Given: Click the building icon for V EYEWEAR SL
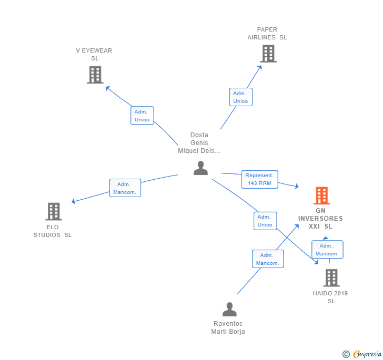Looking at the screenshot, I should pos(95,75).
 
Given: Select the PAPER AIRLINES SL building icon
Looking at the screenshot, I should pos(268,54).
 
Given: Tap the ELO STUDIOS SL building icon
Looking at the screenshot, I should pos(53,211).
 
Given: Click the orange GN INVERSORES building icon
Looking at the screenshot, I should pos(321,196).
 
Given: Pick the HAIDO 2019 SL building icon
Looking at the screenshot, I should pos(331,277).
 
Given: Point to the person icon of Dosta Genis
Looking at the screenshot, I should pos(200,168).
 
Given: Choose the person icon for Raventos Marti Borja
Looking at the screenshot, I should pos(229,309).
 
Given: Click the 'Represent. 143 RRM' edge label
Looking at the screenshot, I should pos(259,179).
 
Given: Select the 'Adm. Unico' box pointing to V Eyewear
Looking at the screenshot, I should pos(142,116).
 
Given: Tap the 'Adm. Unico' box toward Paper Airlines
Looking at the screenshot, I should pos(240,97).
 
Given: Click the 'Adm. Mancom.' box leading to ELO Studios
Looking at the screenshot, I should pos(125,188).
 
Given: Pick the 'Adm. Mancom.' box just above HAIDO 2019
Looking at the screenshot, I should pos(327,250).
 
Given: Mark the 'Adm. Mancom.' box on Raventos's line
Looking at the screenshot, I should pos(268,259).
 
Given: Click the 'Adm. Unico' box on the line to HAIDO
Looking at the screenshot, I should pos(265,221).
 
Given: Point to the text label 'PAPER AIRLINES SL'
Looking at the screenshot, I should pos(267,34).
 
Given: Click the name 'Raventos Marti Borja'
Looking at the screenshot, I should pos(228,327).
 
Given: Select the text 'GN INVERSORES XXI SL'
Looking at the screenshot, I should pos(320,219).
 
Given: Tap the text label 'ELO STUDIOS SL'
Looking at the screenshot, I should pos(53,231).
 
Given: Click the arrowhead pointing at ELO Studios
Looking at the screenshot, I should pos(73,202).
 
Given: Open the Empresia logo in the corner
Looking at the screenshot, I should pos(362,354).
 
